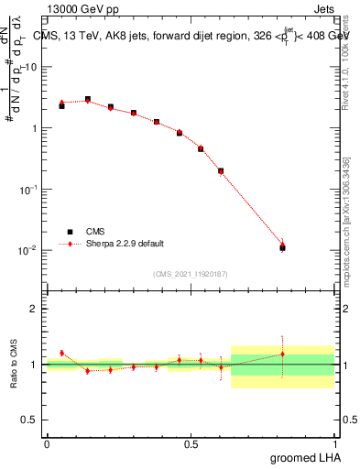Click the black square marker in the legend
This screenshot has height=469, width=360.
[69, 232]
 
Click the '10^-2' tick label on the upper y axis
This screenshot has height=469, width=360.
[29, 250]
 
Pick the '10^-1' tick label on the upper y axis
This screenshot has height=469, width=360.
[29, 189]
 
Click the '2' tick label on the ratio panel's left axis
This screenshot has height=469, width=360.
[34, 309]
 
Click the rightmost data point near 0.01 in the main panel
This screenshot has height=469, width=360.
[282, 247]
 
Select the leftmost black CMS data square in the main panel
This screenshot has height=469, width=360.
[61, 106]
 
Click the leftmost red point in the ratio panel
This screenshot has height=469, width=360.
[61, 353]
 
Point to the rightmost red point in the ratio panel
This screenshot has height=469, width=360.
[282, 354]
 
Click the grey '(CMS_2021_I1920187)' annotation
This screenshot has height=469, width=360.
[190, 274]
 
